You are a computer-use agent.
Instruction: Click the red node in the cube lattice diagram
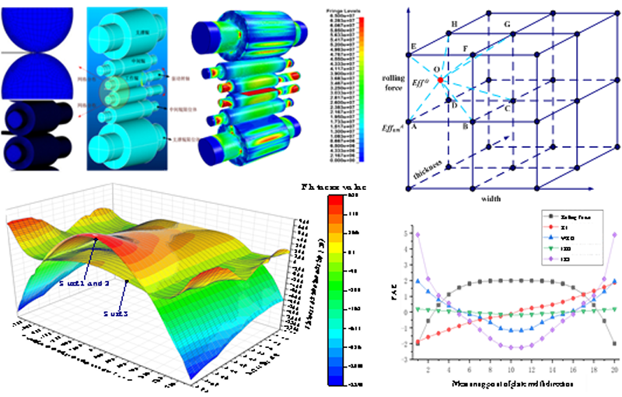pyautogui.click(x=440, y=80)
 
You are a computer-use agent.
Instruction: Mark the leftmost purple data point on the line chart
pyautogui.click(x=418, y=233)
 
